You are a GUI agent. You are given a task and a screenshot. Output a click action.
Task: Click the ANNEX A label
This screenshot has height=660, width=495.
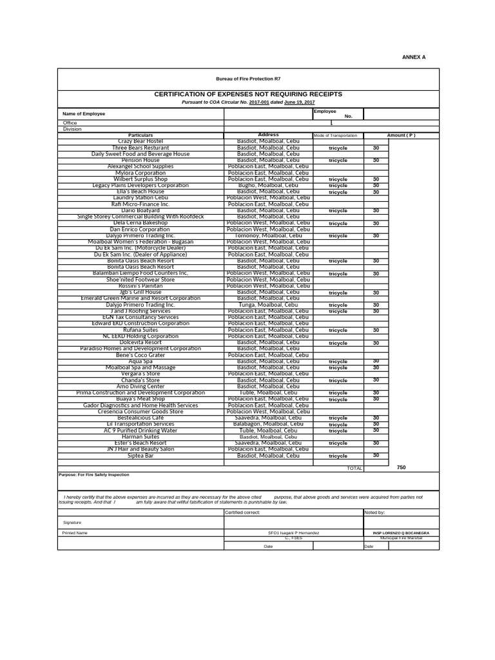click(x=414, y=57)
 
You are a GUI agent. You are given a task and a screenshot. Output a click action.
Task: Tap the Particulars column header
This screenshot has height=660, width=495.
click(x=141, y=135)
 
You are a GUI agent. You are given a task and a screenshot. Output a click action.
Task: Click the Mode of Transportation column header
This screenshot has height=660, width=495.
click(x=335, y=135)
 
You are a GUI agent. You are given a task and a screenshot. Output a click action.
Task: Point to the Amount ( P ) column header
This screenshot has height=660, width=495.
click(x=401, y=135)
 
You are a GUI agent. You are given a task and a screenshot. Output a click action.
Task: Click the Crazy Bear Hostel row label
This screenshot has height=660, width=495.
click(x=141, y=141)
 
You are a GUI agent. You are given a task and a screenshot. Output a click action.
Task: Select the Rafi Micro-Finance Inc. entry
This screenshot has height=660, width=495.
click(x=141, y=204)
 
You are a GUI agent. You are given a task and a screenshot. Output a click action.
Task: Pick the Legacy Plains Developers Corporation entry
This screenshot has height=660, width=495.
click(x=141, y=186)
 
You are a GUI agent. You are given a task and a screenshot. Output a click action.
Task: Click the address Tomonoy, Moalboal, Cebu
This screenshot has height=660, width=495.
click(x=268, y=236)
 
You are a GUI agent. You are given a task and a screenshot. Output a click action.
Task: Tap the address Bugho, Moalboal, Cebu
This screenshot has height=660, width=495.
click(x=268, y=186)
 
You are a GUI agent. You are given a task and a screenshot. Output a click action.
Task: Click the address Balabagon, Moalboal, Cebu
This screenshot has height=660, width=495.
click(x=268, y=424)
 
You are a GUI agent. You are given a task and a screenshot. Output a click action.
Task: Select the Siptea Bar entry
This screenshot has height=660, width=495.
click(x=141, y=456)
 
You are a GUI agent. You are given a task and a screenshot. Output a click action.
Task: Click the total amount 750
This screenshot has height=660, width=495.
click(x=401, y=467)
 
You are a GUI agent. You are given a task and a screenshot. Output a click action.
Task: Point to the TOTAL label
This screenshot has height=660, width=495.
click(x=354, y=469)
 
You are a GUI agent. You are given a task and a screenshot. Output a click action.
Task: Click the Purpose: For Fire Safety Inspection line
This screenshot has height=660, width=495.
click(x=93, y=475)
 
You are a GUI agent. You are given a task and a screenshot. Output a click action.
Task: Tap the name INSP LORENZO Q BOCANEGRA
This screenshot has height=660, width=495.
click(x=401, y=533)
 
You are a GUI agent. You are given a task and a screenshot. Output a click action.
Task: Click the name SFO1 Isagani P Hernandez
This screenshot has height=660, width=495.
click(x=293, y=533)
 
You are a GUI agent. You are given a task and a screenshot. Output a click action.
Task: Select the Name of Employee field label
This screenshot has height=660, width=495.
click(x=84, y=114)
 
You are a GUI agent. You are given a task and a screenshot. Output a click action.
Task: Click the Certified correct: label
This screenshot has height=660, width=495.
click(x=242, y=512)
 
